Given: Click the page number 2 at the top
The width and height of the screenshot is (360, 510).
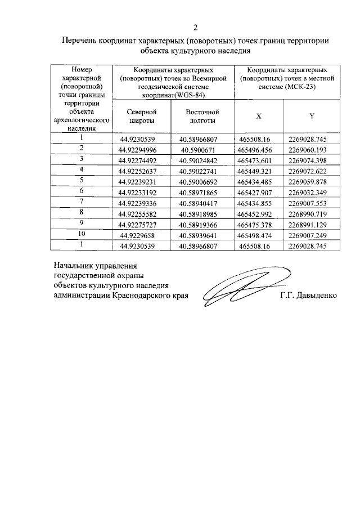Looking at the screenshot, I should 195,28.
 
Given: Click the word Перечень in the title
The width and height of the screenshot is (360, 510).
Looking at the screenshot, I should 80,41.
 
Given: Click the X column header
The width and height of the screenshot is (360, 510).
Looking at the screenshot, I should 259,116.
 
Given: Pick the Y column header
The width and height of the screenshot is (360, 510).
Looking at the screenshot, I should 311,116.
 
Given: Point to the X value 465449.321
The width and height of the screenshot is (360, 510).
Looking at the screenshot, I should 255,171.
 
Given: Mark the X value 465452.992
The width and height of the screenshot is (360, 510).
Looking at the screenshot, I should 255,214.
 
